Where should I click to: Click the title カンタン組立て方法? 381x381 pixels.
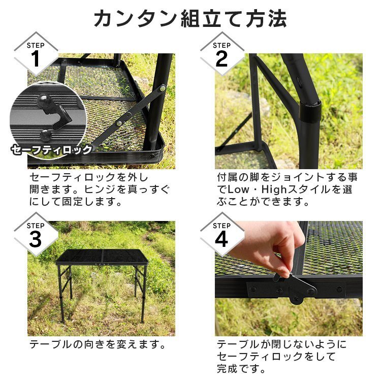tap(190, 19)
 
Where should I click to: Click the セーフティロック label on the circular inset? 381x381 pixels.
tap(51, 150)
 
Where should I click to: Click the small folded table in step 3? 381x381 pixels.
tap(103, 284)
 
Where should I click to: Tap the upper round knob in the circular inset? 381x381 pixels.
tap(43, 100)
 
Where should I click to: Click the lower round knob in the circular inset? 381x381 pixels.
tap(45, 135)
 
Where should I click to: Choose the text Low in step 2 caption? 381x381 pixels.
tap(238, 189)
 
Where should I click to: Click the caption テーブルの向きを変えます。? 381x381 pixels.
tap(98, 344)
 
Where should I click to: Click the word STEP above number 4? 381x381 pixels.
tap(221, 226)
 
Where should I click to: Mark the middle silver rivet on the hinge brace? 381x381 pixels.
tap(119, 123)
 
